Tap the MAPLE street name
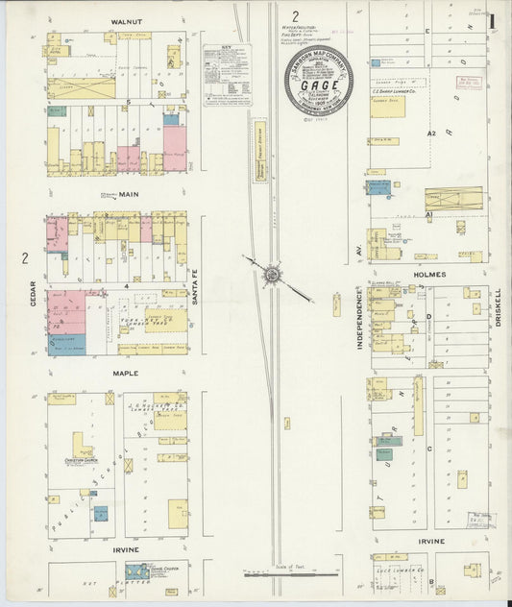pos(125,373)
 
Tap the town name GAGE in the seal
pos(318,84)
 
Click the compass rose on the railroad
pos(273,277)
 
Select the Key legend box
pos(227,73)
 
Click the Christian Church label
pos(81,460)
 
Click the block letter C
pos(429,448)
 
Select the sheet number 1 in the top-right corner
pos(492,19)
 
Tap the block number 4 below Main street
pos(125,286)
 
